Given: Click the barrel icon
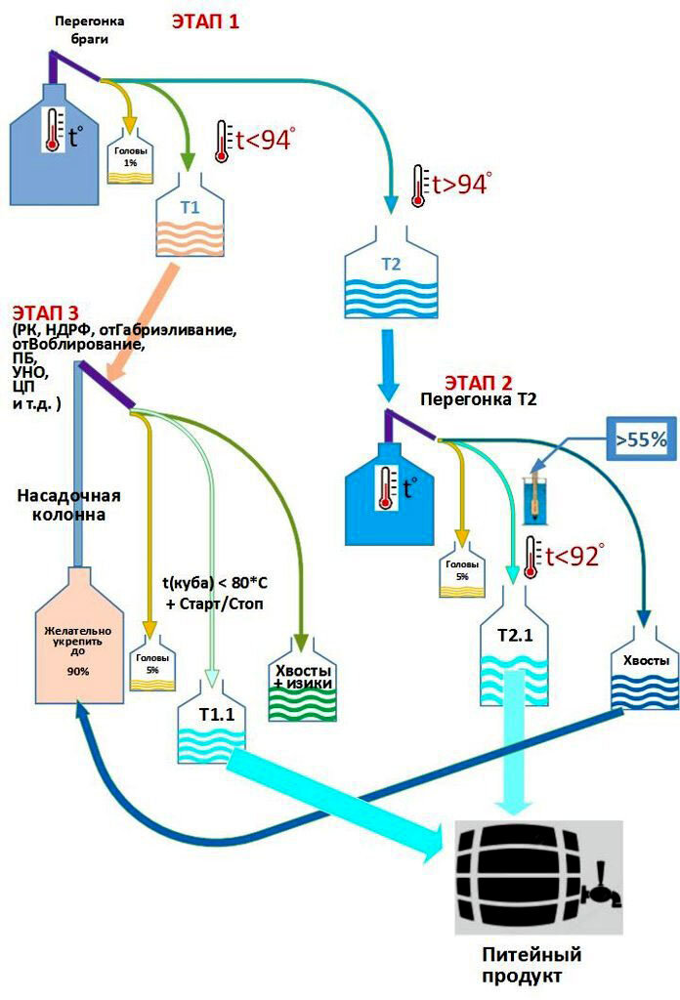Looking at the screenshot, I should pyautogui.click(x=538, y=877).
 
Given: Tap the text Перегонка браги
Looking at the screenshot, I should pyautogui.click(x=89, y=29).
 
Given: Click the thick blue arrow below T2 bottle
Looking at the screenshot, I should pyautogui.click(x=389, y=363).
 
